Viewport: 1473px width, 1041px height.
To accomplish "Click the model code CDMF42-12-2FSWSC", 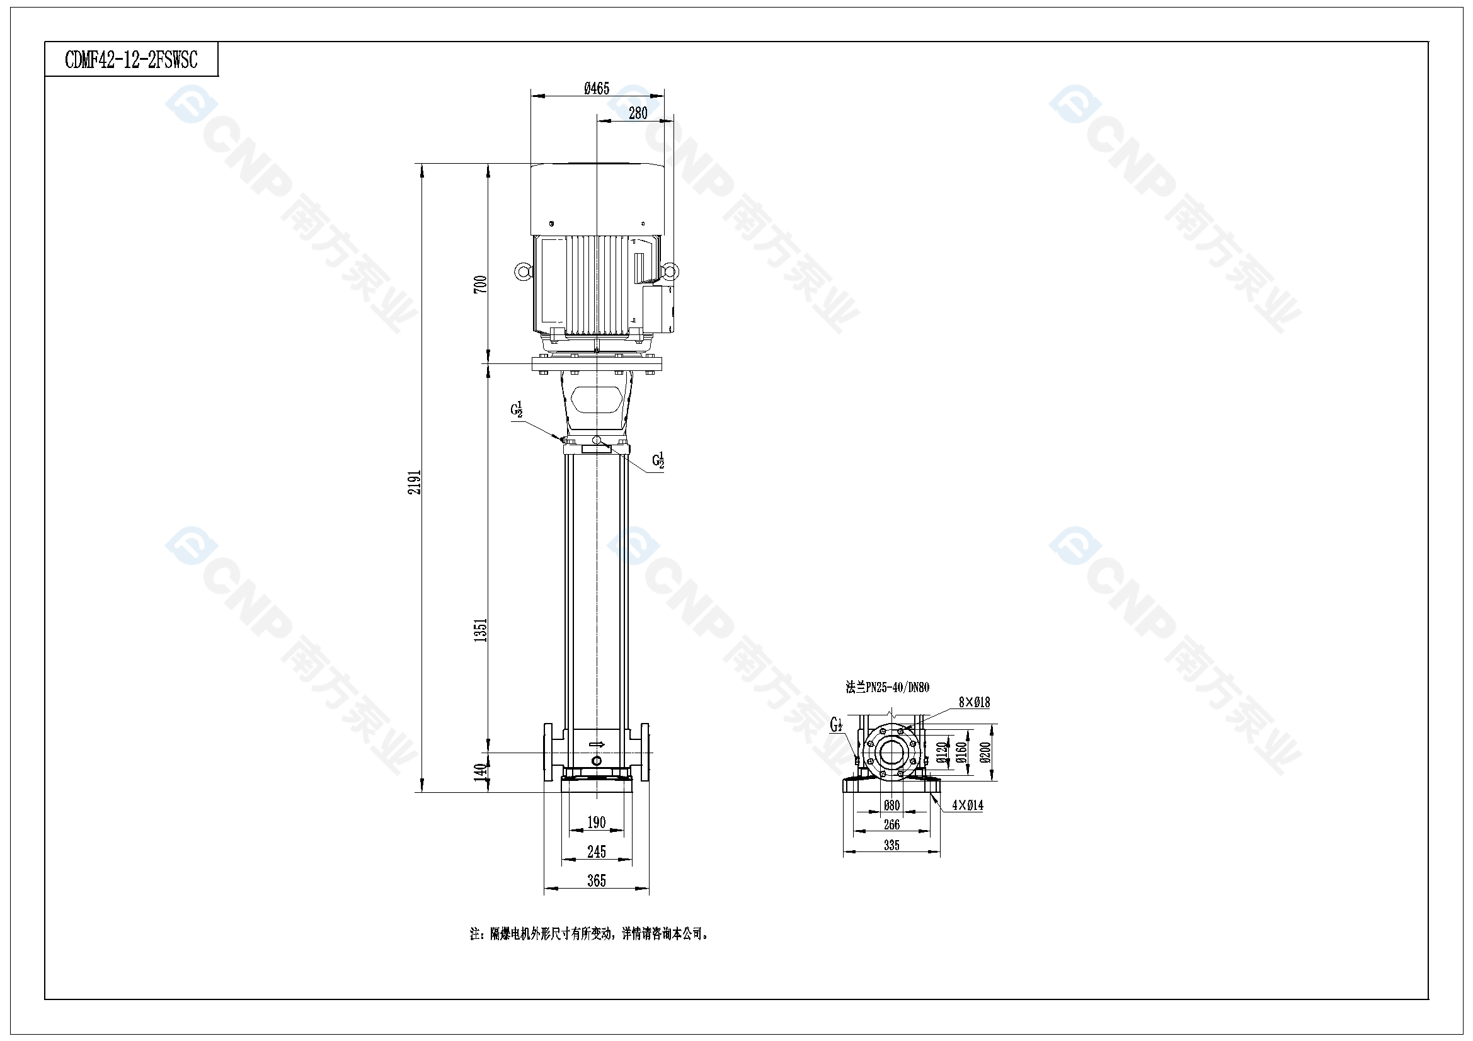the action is [132, 60].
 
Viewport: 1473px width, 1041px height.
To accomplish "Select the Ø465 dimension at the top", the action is [597, 89].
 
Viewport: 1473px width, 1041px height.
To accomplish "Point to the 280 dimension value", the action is [638, 113].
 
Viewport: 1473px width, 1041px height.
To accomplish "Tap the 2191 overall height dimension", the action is [415, 482].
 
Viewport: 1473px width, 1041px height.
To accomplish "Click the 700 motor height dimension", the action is [481, 284].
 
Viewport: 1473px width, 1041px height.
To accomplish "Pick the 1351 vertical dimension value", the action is [481, 630].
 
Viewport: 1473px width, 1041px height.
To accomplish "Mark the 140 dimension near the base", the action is [481, 772].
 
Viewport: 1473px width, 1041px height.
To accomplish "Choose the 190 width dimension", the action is [597, 822].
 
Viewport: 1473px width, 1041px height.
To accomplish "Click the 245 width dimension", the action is [597, 852].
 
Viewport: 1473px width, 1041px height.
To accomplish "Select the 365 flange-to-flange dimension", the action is [597, 880].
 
